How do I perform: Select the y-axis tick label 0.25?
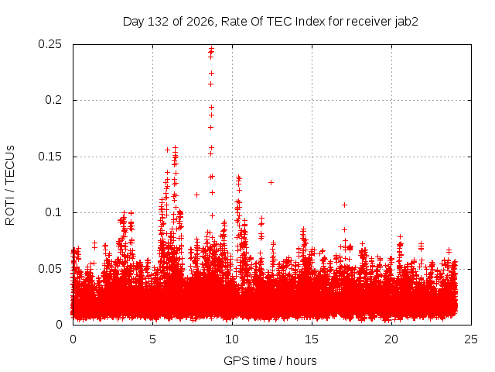tap(49, 44)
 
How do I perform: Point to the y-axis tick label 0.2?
tap(53, 100)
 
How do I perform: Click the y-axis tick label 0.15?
tap(49, 157)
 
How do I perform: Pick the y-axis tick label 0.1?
tap(53, 212)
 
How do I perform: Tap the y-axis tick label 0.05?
tap(49, 269)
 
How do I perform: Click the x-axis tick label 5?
tap(153, 339)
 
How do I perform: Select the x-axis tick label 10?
tap(232, 339)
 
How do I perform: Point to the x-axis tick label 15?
tap(312, 339)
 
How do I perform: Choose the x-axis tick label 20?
tap(391, 339)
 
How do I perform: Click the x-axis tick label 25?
tap(471, 339)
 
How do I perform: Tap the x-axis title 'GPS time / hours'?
tap(270, 361)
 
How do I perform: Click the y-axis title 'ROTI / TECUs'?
tap(10, 185)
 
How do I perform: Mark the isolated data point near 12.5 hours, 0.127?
tap(271, 183)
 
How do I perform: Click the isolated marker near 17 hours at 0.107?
tap(344, 205)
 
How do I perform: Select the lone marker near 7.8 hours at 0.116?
tap(196, 195)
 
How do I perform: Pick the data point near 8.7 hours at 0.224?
tap(211, 73)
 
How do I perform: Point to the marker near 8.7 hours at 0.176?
tap(210, 127)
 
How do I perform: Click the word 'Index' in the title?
tap(310, 22)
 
